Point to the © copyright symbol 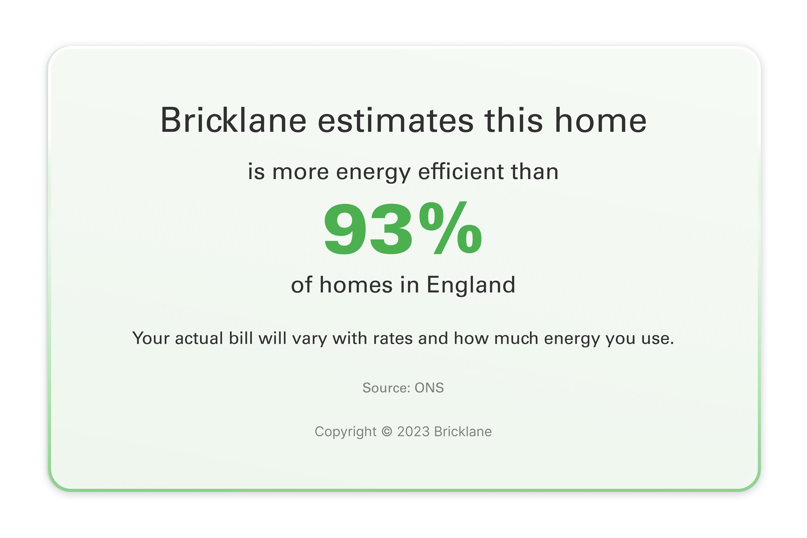387,432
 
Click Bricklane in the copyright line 463,432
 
